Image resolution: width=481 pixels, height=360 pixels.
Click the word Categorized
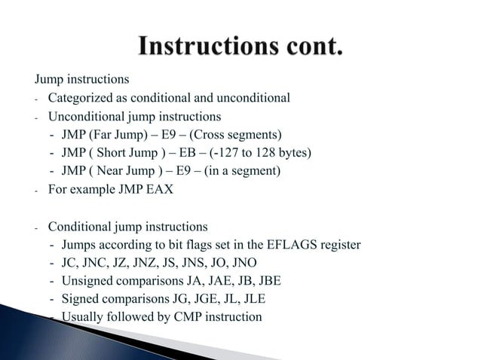(81, 98)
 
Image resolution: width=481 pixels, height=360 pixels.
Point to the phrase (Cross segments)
(244, 135)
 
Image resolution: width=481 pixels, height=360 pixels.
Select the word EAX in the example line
(159, 191)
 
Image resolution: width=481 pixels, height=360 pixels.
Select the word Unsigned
(87, 281)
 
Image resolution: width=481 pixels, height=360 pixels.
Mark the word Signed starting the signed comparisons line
(81, 298)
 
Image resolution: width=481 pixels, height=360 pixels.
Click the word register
(342, 245)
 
